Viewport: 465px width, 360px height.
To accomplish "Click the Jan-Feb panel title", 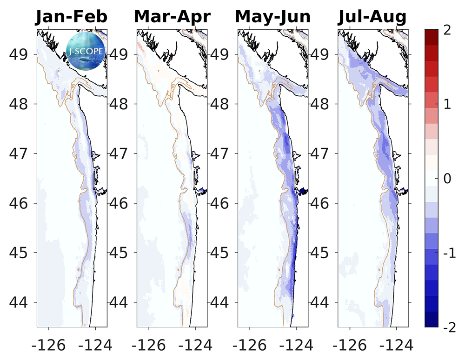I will point(72,17).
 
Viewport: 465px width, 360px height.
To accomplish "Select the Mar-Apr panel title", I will point(172,17).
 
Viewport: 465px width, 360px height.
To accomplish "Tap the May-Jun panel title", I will point(272,17).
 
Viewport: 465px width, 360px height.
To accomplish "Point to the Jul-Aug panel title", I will point(372,17).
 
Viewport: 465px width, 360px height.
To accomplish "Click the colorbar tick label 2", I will point(447,29).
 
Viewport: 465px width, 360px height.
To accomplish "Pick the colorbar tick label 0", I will point(447,179).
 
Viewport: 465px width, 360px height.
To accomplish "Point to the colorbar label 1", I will point(447,104).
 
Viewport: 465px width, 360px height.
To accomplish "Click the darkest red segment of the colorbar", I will point(432,37).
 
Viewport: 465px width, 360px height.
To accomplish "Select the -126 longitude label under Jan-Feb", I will point(46,345).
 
